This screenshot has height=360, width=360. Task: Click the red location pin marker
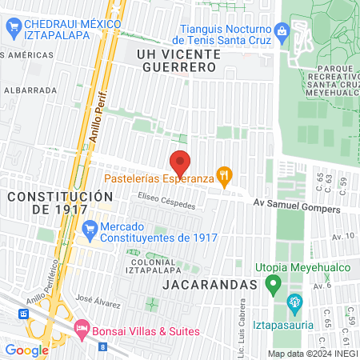coord(181,163)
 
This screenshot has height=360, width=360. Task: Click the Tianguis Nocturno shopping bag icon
coord(281,32)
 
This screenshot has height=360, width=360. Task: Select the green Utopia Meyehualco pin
coord(274,283)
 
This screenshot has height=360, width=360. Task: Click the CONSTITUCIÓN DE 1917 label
coord(60,202)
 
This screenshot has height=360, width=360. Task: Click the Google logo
coord(26,350)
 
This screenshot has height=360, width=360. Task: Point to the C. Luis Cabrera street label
coord(240,324)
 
